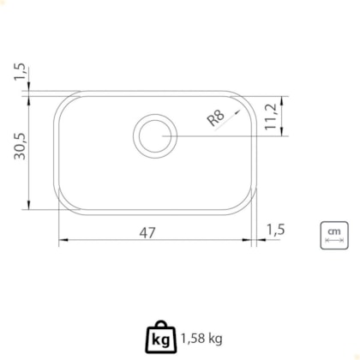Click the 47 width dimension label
pyautogui.click(x=147, y=232)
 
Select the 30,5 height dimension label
pyautogui.click(x=21, y=147)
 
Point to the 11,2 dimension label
pyautogui.click(x=271, y=117)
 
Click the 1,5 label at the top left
pyautogui.click(x=21, y=73)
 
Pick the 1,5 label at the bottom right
pyautogui.click(x=276, y=230)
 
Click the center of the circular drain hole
pyautogui.click(x=155, y=136)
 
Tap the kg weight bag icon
pyautogui.click(x=161, y=337)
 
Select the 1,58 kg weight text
pyautogui.click(x=201, y=339)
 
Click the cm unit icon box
pyautogui.click(x=334, y=236)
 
